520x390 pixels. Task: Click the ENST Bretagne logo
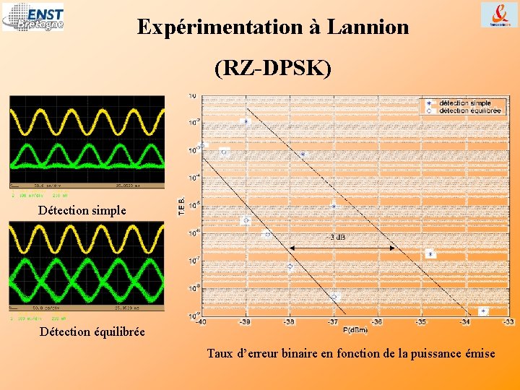pos(33,17)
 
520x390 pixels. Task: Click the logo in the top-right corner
pos(499,14)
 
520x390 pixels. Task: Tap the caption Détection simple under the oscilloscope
pos(82,211)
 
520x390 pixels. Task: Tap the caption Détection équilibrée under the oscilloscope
pos(92,331)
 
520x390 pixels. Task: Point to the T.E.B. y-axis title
pos(181,207)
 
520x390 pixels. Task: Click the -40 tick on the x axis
pos(201,322)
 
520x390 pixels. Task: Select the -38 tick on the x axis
pos(289,322)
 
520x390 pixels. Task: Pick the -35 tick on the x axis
pos(421,322)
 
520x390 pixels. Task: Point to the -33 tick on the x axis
pos(508,322)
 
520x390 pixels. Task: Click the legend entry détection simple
pos(464,103)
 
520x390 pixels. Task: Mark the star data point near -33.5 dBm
pos(483,311)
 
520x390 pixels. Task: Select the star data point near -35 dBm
pos(430,253)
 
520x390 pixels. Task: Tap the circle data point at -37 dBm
pos(334,297)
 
